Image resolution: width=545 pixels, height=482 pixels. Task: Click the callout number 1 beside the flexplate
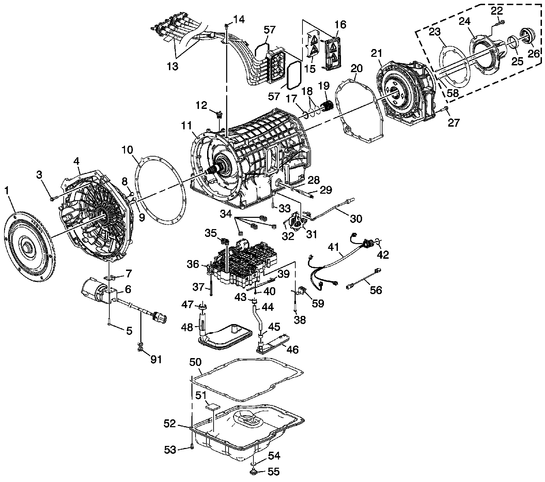6,191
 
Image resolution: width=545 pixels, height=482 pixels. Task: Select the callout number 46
293,349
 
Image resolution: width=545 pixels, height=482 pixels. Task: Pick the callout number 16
340,25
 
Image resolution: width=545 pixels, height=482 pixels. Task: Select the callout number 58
453,93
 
